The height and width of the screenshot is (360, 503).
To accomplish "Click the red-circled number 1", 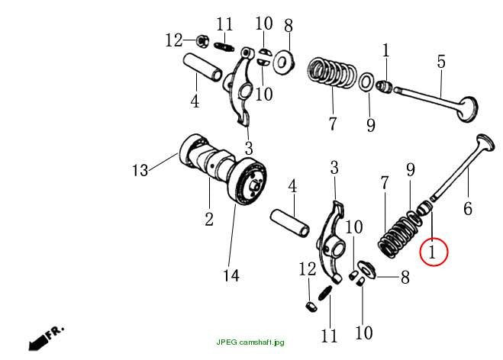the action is [433, 252].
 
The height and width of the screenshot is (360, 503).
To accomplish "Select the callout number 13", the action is [140, 170].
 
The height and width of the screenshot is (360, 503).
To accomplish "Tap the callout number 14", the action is [231, 275].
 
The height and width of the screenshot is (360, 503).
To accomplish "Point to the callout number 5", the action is [441, 61].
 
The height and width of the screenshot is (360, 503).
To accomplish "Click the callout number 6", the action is [468, 208].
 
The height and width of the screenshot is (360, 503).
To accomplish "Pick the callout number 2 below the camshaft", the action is [209, 219].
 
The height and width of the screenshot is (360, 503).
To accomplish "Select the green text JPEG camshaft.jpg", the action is [250, 342].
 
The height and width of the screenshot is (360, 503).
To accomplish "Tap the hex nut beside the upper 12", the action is [202, 40].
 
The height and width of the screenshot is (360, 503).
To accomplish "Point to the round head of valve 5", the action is [468, 109].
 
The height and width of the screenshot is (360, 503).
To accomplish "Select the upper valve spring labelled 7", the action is [331, 72].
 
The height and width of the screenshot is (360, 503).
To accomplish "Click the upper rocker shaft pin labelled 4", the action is [203, 66].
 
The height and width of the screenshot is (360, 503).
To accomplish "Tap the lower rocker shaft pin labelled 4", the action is [290, 223].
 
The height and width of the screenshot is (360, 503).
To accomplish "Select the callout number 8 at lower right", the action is [405, 277].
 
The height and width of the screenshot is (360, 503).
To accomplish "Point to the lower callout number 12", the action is [308, 268].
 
